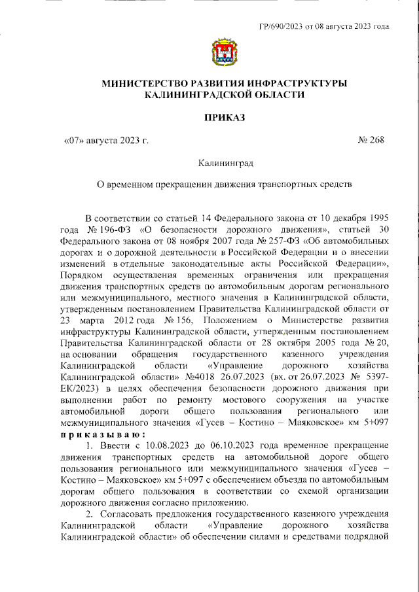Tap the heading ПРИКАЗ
tap(223, 118)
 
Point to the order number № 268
tap(370, 140)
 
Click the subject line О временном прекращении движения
tap(223, 184)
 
